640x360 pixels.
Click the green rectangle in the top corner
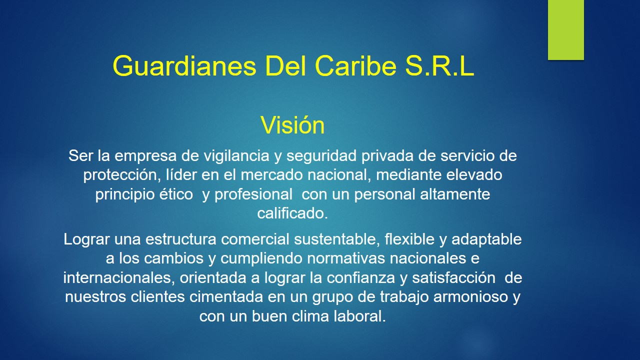pyautogui.click(x=565, y=30)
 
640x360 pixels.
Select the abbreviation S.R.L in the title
pyautogui.click(x=438, y=66)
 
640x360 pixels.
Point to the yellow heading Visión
pyautogui.click(x=292, y=125)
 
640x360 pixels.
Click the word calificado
pyautogui.click(x=292, y=213)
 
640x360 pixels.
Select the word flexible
pyautogui.click(x=409, y=239)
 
